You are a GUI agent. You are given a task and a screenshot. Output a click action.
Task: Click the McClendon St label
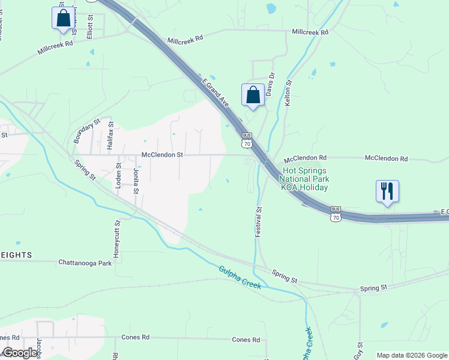coord(161,155)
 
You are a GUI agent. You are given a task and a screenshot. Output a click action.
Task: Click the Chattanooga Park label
coord(85,263)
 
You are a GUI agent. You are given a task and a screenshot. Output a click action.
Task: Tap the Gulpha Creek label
coord(240,277)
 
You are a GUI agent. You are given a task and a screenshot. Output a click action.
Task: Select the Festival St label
coord(259,222)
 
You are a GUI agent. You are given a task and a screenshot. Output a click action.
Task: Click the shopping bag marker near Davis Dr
coord(253,95)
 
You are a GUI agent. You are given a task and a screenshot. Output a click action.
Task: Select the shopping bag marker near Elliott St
coord(63,19)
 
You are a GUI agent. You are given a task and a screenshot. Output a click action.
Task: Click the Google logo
coord(20,353)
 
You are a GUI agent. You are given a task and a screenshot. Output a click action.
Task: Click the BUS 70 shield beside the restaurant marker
coord(336,214)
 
